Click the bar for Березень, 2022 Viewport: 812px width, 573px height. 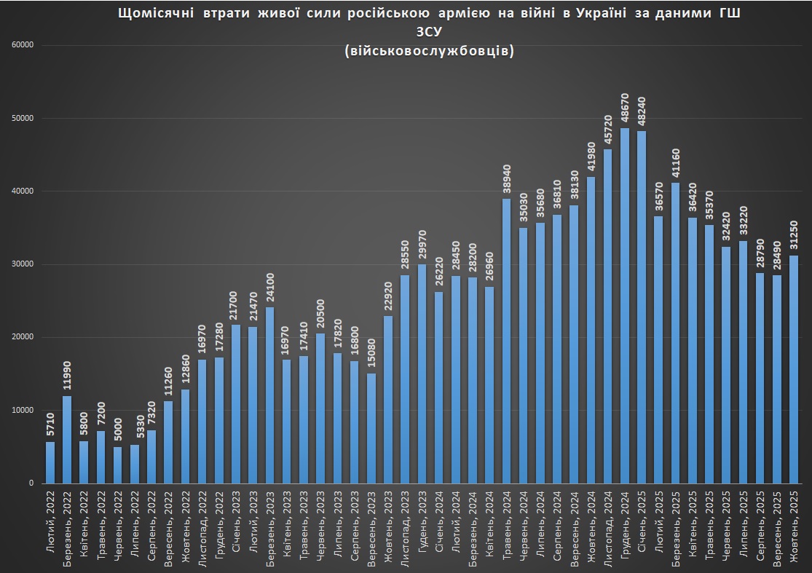coord(67,439)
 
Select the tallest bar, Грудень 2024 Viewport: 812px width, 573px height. coord(625,306)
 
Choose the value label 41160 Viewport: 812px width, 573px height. coord(676,163)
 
